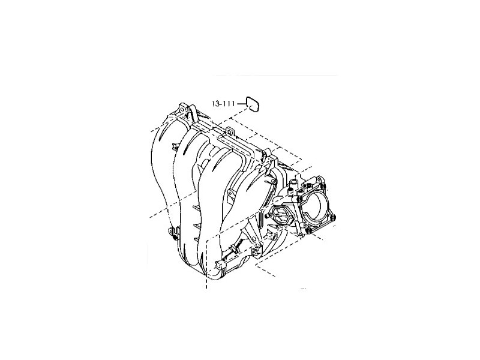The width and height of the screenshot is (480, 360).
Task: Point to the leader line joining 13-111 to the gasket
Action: tap(241, 104)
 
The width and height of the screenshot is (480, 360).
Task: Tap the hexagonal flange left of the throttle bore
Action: tap(281, 214)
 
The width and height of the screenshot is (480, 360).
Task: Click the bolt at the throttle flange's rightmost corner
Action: tap(334, 216)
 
